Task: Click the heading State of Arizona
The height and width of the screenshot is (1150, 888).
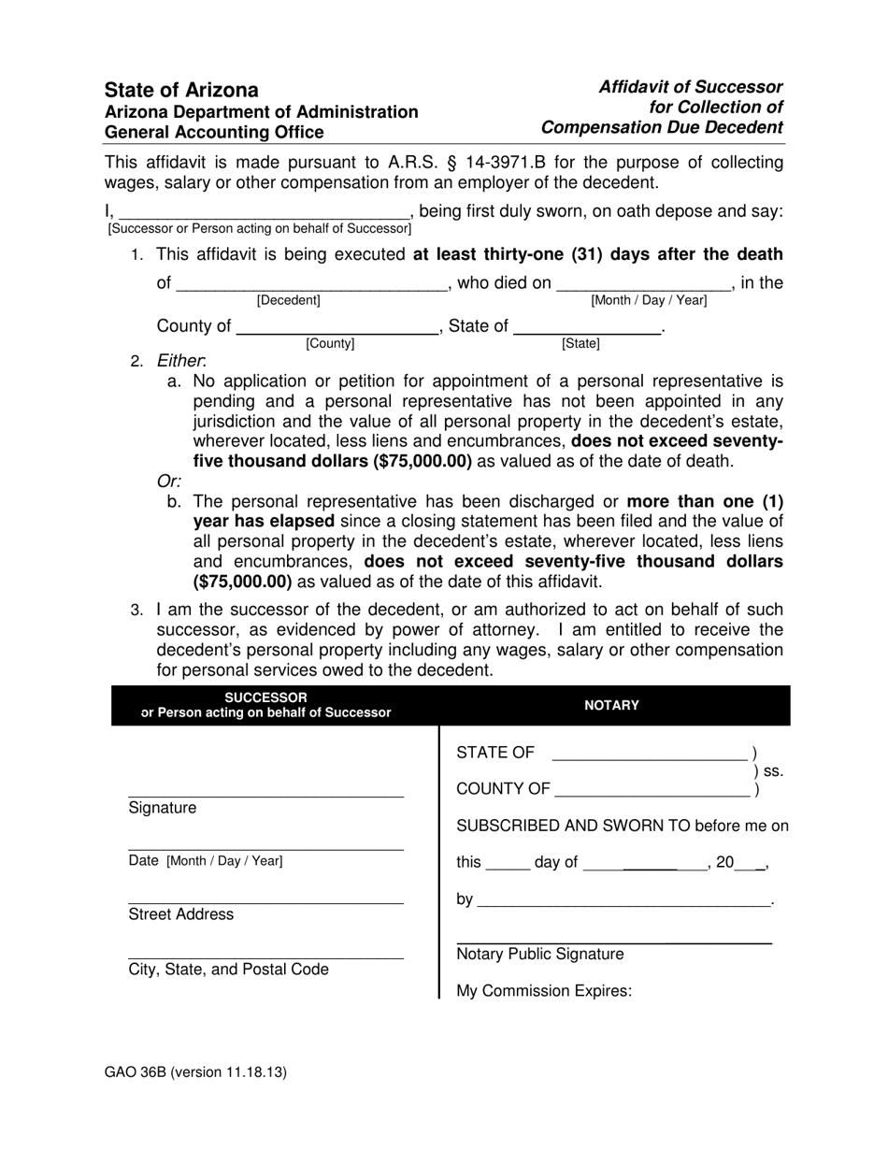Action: [181, 91]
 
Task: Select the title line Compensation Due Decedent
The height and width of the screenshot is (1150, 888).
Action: [662, 127]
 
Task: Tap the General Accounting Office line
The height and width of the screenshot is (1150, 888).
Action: [214, 133]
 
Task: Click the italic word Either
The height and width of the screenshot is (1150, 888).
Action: [179, 361]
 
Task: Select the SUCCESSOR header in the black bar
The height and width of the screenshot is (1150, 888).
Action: [265, 697]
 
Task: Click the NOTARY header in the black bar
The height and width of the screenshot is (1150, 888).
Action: [611, 705]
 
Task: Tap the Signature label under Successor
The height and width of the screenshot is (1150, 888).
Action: [163, 808]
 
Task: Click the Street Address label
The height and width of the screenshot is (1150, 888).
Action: [181, 914]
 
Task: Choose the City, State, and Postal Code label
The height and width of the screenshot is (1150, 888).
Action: [228, 970]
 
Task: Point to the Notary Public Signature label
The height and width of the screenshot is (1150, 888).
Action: [539, 955]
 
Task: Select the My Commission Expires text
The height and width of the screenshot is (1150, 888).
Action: [544, 991]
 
